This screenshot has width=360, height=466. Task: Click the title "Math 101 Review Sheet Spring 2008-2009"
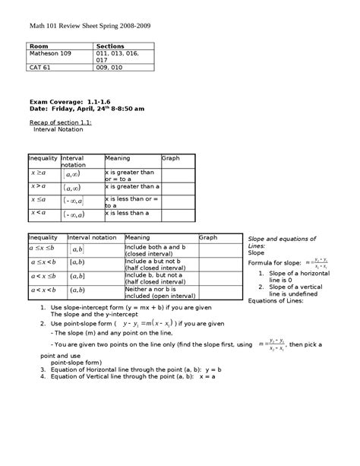click(90, 25)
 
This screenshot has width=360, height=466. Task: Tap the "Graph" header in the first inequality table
click(170, 158)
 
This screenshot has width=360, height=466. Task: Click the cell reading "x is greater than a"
click(132, 185)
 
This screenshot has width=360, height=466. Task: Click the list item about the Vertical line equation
click(133, 376)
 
